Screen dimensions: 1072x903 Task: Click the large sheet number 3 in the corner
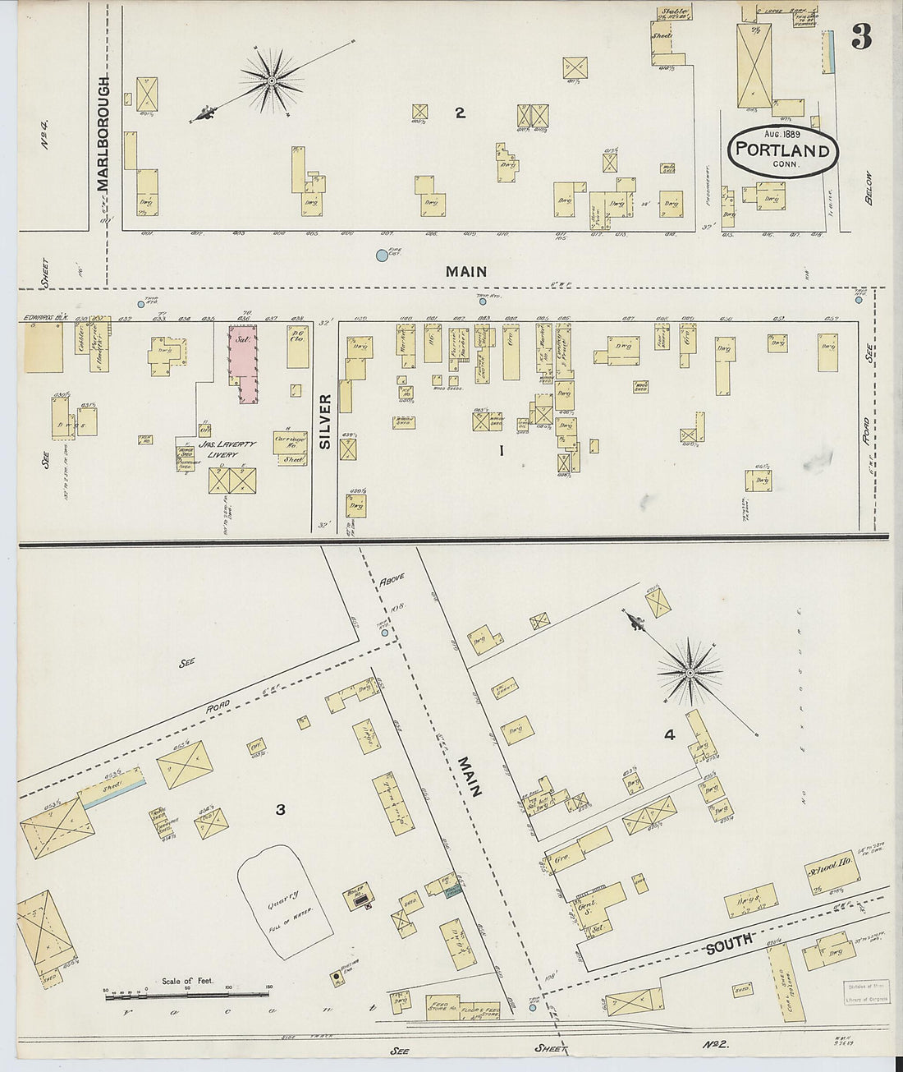[860, 37]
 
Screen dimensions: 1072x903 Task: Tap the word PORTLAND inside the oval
[781, 150]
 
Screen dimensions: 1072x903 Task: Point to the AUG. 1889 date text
[782, 133]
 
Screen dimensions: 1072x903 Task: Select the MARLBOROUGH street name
[103, 133]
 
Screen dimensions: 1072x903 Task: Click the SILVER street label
[324, 421]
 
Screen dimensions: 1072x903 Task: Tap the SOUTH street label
[729, 943]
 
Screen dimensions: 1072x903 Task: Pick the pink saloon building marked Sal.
[242, 361]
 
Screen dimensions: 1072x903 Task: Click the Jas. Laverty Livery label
[227, 449]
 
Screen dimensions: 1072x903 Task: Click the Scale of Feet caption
[187, 980]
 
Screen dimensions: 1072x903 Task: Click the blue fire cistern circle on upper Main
[382, 256]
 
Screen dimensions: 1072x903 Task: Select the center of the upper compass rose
[272, 81]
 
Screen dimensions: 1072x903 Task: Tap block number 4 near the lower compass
[669, 735]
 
